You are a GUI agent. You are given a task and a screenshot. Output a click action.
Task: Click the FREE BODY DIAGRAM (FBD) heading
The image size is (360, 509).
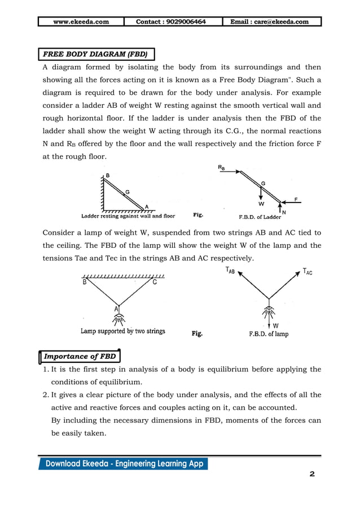click(96, 55)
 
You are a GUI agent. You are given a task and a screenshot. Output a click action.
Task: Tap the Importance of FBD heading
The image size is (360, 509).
click(80, 356)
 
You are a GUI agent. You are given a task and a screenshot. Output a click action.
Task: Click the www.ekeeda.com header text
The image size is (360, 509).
click(81, 22)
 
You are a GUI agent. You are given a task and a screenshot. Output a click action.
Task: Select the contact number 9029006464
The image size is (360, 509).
click(171, 22)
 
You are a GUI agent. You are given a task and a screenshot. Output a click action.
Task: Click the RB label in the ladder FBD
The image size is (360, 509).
click(222, 168)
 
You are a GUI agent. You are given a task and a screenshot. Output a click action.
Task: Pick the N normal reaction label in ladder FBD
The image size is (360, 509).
click(283, 212)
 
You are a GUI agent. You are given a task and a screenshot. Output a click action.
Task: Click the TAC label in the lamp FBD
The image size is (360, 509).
click(308, 271)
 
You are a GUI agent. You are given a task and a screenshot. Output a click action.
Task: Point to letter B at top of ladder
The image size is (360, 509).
click(108, 175)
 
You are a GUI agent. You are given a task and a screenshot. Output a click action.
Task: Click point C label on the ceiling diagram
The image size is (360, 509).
click(155, 283)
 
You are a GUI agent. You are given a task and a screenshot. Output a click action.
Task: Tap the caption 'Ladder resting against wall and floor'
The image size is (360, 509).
click(128, 216)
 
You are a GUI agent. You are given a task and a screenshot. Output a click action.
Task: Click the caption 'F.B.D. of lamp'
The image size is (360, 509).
click(269, 334)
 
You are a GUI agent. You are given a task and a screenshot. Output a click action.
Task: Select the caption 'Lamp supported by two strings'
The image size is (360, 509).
click(122, 331)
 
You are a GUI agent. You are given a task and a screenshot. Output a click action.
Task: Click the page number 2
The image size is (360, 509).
click(312, 474)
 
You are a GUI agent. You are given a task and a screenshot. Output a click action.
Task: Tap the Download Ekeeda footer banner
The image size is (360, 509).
click(124, 464)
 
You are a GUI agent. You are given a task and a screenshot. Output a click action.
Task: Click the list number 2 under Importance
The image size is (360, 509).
click(45, 395)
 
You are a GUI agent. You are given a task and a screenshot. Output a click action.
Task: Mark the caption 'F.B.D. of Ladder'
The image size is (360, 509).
click(260, 216)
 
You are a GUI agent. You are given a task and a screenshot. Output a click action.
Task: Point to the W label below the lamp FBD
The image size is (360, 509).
click(275, 326)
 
